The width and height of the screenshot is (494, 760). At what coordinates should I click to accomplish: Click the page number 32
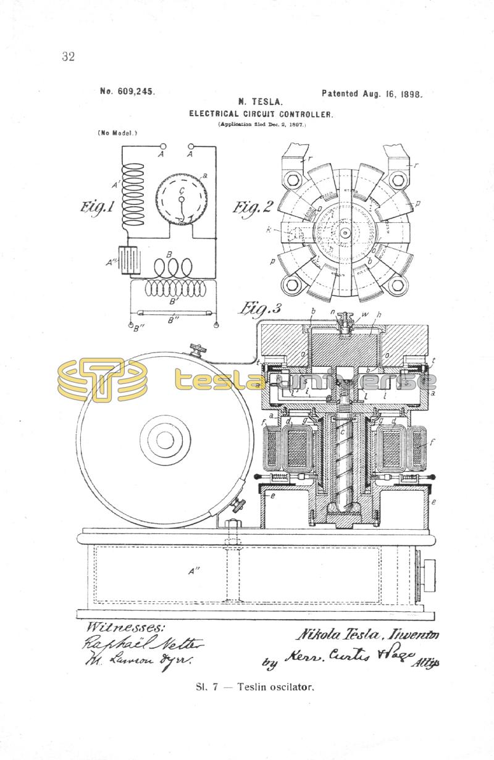click(68, 57)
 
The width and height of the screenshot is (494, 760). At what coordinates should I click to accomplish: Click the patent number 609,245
click(127, 91)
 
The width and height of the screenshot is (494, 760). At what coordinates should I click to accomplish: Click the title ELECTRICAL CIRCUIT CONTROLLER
click(261, 114)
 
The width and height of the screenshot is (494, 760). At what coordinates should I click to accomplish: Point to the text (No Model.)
click(117, 133)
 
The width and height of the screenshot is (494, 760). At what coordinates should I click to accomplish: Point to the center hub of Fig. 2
click(345, 233)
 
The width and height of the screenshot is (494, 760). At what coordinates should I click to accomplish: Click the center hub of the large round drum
click(165, 440)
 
